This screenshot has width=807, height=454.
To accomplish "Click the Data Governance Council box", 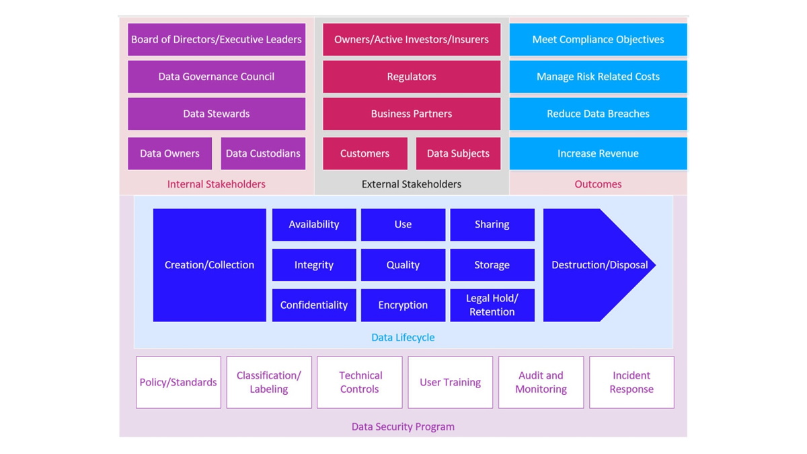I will pyautogui.click(x=217, y=77).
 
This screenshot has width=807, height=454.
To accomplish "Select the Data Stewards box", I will pyautogui.click(x=217, y=114).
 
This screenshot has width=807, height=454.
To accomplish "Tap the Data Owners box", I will pyautogui.click(x=169, y=153).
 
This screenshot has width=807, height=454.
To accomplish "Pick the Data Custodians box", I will pyautogui.click(x=263, y=153).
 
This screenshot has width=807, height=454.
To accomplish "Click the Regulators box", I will pyautogui.click(x=412, y=77).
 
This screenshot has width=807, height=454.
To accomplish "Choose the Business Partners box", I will pyautogui.click(x=412, y=114).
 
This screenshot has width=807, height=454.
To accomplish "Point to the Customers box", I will pyautogui.click(x=364, y=153).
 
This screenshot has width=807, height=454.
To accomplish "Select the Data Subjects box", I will pyautogui.click(x=458, y=153).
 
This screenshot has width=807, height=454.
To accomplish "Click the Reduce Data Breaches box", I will pyautogui.click(x=598, y=114).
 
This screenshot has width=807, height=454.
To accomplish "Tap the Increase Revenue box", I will pyautogui.click(x=598, y=153).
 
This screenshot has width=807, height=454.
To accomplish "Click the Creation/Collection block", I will pyautogui.click(x=209, y=265).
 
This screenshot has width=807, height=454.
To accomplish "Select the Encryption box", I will pyautogui.click(x=403, y=305).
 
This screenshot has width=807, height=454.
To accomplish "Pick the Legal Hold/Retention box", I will pyautogui.click(x=492, y=305).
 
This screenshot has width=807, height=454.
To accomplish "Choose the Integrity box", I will pyautogui.click(x=314, y=265).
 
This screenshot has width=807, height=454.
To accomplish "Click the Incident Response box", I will pyautogui.click(x=631, y=382).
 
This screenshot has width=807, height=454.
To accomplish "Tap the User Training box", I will pyautogui.click(x=450, y=382).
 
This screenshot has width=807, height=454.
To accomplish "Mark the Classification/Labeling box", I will pyautogui.click(x=269, y=382).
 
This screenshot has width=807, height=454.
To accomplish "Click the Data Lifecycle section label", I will pyautogui.click(x=403, y=338).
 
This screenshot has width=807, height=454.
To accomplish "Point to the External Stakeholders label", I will pyautogui.click(x=412, y=184).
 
